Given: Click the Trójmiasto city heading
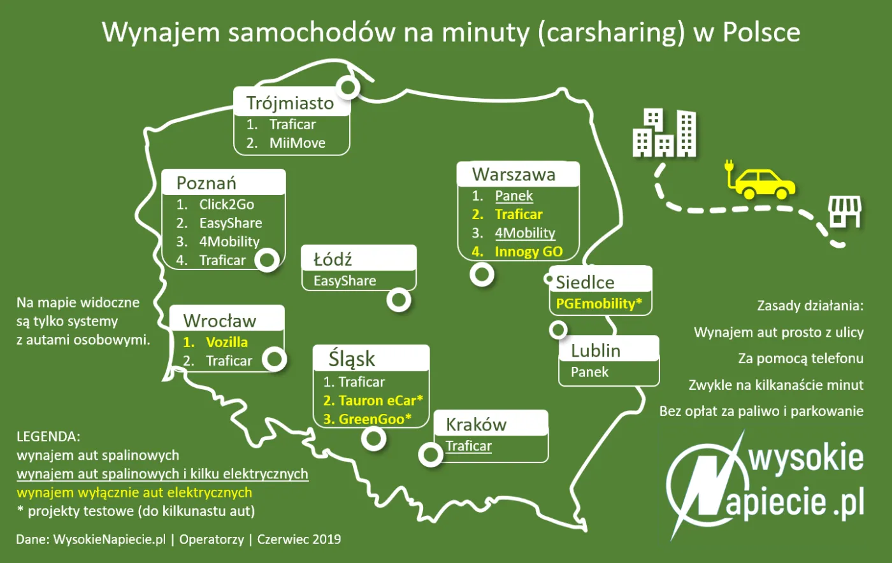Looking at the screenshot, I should pos(290,103).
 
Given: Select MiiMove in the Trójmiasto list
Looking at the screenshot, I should pos(297,143).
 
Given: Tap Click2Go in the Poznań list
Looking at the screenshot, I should pos(226,204).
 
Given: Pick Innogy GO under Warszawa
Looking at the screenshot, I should pos(528,252).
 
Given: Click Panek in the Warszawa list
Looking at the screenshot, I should pos(514,196).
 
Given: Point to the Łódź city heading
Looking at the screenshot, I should pos(333,259).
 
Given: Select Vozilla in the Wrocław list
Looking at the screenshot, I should pos(227,342).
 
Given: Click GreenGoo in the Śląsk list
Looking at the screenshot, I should pos(375,419).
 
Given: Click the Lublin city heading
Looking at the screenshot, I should pos(595,350).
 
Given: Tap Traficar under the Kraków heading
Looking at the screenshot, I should pos(468,446).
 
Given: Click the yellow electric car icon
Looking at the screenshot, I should pos(765,183).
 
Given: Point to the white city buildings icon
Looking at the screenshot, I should pos(664,134).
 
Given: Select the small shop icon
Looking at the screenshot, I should pos(844,211).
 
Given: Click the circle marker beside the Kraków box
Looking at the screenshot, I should pos(431,454).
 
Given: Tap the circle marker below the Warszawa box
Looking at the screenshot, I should pos(482,274).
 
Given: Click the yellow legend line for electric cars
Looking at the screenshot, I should pos(134,492).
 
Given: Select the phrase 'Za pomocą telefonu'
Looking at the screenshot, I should pos(800,359).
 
